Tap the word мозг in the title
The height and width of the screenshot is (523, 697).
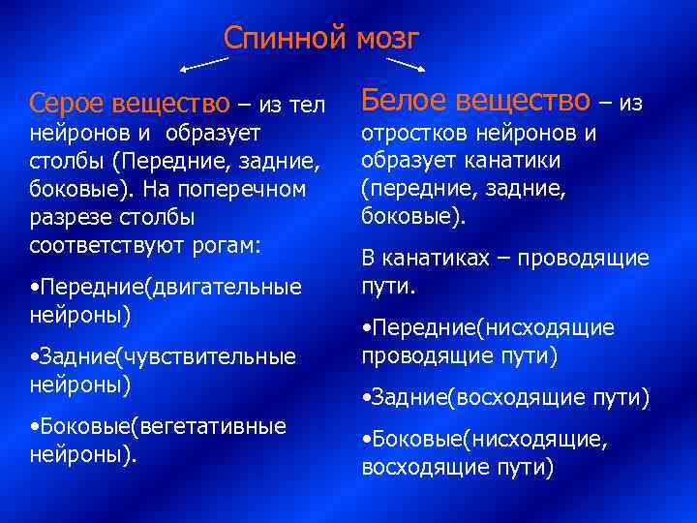[x=385, y=38]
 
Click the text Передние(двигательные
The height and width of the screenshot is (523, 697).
[x=166, y=287]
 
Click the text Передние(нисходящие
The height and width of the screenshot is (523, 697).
[x=488, y=327]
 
